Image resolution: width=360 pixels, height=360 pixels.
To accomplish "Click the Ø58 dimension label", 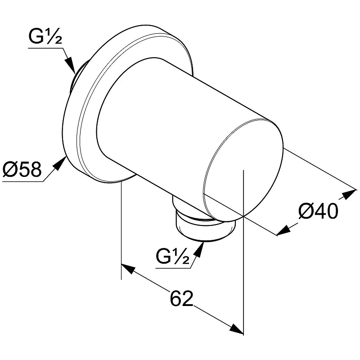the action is click(22, 169).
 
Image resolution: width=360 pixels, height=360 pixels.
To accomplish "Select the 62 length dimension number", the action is click(181, 298).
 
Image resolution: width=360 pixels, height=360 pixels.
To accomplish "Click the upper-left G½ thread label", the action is click(45, 37).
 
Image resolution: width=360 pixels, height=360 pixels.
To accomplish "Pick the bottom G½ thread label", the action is click(173, 256).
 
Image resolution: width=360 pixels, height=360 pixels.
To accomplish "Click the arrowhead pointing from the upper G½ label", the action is click(71, 65).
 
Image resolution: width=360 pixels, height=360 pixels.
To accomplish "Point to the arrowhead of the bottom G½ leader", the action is click(199, 249).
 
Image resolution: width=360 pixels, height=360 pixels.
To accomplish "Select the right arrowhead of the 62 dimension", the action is click(237, 329).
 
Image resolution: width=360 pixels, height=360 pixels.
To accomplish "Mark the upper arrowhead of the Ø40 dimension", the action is click(350, 194).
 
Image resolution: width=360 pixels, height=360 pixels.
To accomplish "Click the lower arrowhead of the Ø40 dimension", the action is click(283, 230).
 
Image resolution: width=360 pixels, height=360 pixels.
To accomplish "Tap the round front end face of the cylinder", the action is click(243, 170).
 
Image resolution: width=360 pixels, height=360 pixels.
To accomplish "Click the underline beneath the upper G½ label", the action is click(46, 48).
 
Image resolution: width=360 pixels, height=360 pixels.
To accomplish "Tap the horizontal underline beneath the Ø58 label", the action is click(23, 181).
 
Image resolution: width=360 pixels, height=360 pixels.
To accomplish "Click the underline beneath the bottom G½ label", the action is click(173, 268).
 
